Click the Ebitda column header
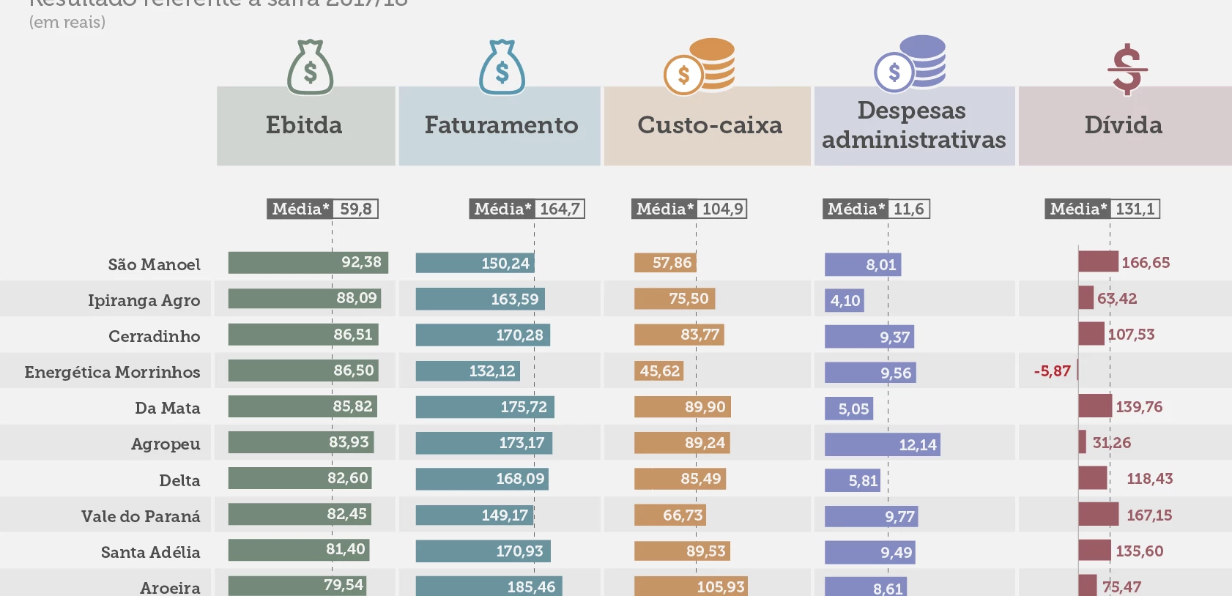coord(305,126)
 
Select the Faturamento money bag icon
coord(502,68)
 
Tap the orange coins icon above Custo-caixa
coord(700,67)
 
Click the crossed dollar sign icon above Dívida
coord(1127,70)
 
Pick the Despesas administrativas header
coord(913,126)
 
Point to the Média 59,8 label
coord(322,209)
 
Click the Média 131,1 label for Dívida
coord(1102,209)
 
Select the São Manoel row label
coord(154,265)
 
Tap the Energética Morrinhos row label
coord(112,373)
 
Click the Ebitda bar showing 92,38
coord(308,263)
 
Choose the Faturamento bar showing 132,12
coord(467,371)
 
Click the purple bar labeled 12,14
coord(882,444)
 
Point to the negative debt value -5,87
coord(1052,371)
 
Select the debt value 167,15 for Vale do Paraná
coord(1148,515)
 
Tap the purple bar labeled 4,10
coord(844,301)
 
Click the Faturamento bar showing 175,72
coord(484,407)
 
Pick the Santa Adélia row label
coord(150,553)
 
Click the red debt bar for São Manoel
coord(1098,261)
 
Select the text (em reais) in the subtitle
coord(67,23)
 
